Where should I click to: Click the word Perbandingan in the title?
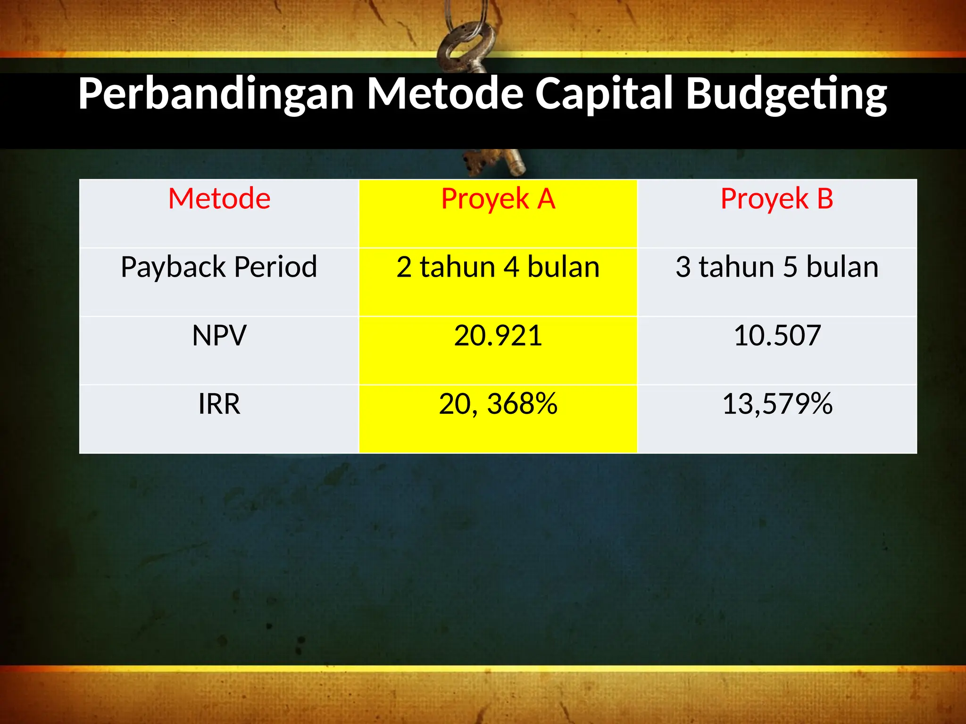(216, 94)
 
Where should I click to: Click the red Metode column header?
(219, 198)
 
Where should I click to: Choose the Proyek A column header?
(498, 199)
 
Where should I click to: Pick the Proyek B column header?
(777, 199)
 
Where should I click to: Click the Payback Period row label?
(219, 267)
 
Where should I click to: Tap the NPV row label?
(219, 336)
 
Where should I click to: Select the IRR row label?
(219, 404)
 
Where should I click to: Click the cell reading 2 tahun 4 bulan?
(498, 267)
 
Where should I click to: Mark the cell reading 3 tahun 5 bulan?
(777, 267)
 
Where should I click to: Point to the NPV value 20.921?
(498, 336)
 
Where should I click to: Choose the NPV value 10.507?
(777, 336)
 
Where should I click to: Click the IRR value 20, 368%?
(498, 404)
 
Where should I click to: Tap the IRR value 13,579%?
(777, 404)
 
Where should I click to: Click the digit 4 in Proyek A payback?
(511, 267)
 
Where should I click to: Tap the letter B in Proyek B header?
(825, 198)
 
